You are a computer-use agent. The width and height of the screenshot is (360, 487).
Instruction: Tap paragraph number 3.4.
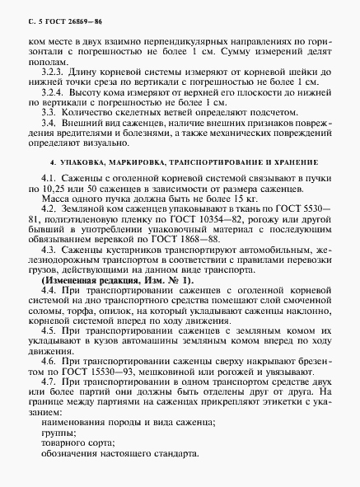[48, 121]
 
